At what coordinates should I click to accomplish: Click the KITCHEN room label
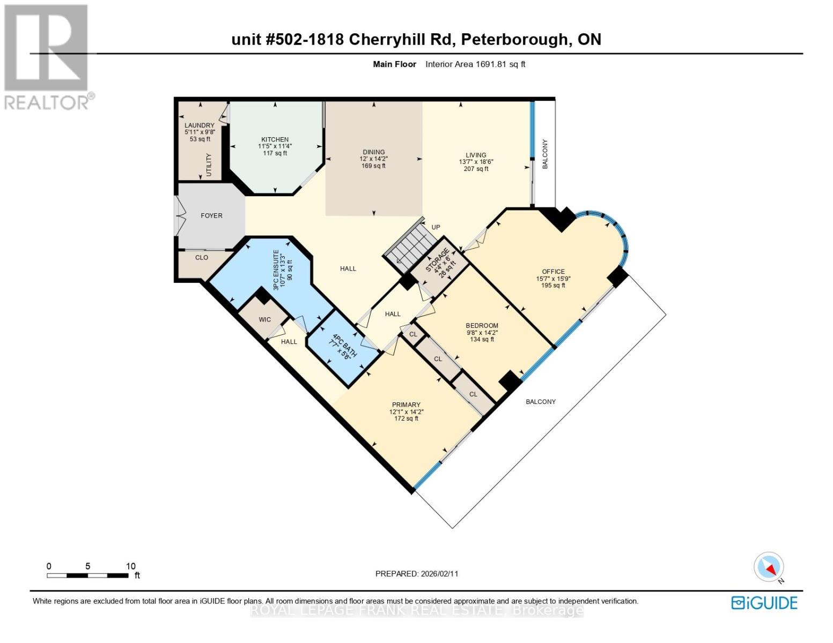[x=275, y=139]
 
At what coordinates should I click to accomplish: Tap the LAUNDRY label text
[x=200, y=125]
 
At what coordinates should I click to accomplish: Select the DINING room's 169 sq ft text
[x=373, y=166]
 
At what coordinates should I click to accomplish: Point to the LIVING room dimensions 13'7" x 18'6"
[x=476, y=162]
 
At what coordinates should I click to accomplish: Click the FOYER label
[x=211, y=215]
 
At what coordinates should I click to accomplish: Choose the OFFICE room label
[x=553, y=272]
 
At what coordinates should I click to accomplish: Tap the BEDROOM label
[x=482, y=325]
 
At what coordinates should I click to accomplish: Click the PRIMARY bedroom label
[x=406, y=405]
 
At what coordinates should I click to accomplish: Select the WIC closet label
[x=265, y=319]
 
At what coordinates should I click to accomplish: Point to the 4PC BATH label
[x=340, y=344]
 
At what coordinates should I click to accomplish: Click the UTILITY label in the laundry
[x=209, y=165]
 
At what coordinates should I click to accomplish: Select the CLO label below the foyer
[x=202, y=258]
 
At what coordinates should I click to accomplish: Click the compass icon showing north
[x=769, y=567]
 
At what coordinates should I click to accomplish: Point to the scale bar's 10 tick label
[x=130, y=566]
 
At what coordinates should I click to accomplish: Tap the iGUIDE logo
[x=764, y=603]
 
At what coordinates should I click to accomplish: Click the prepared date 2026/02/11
[x=439, y=573]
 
